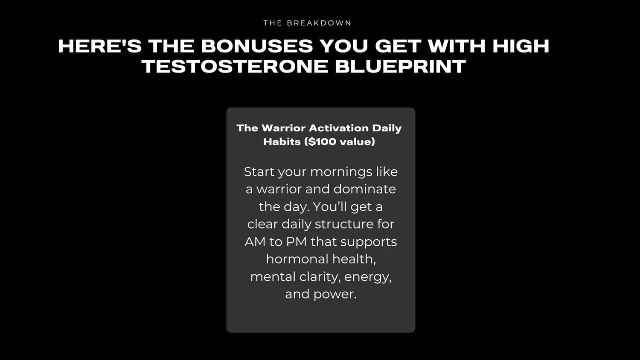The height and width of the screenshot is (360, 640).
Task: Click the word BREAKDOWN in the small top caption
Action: pyautogui.click(x=319, y=23)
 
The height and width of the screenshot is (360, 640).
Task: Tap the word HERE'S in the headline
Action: pyautogui.click(x=100, y=46)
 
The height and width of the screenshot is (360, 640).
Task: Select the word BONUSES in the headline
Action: pyautogui.click(x=257, y=46)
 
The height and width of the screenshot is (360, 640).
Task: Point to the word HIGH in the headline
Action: pyautogui.click(x=521, y=46)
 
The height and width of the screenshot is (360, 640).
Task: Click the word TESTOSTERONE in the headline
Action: pyautogui.click(x=235, y=67)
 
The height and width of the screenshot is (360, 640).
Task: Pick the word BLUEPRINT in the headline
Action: pyautogui.click(x=401, y=67)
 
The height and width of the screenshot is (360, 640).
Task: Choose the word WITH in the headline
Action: pyautogui.click(x=456, y=46)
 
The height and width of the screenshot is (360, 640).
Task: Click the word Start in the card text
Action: pyautogui.click(x=259, y=172)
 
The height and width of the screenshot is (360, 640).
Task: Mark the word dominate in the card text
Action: pyautogui.click(x=364, y=189)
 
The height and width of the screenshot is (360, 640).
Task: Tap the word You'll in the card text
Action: pyautogui.click(x=330, y=206)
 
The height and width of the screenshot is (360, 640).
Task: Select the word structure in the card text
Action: pyautogui.click(x=344, y=224)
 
